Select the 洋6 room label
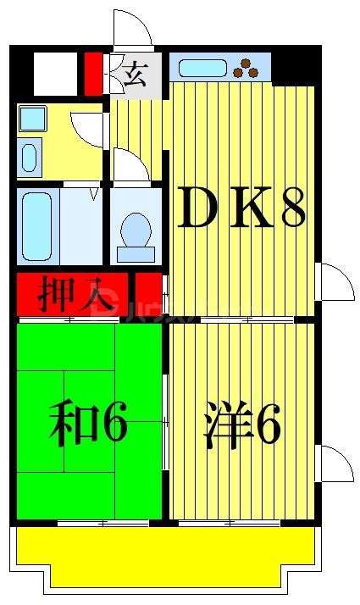[242, 427]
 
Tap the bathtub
[37, 228]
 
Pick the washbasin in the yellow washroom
[30, 157]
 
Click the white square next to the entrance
[56, 75]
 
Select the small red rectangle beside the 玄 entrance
[93, 75]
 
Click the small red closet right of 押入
[147, 295]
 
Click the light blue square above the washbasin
[32, 118]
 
